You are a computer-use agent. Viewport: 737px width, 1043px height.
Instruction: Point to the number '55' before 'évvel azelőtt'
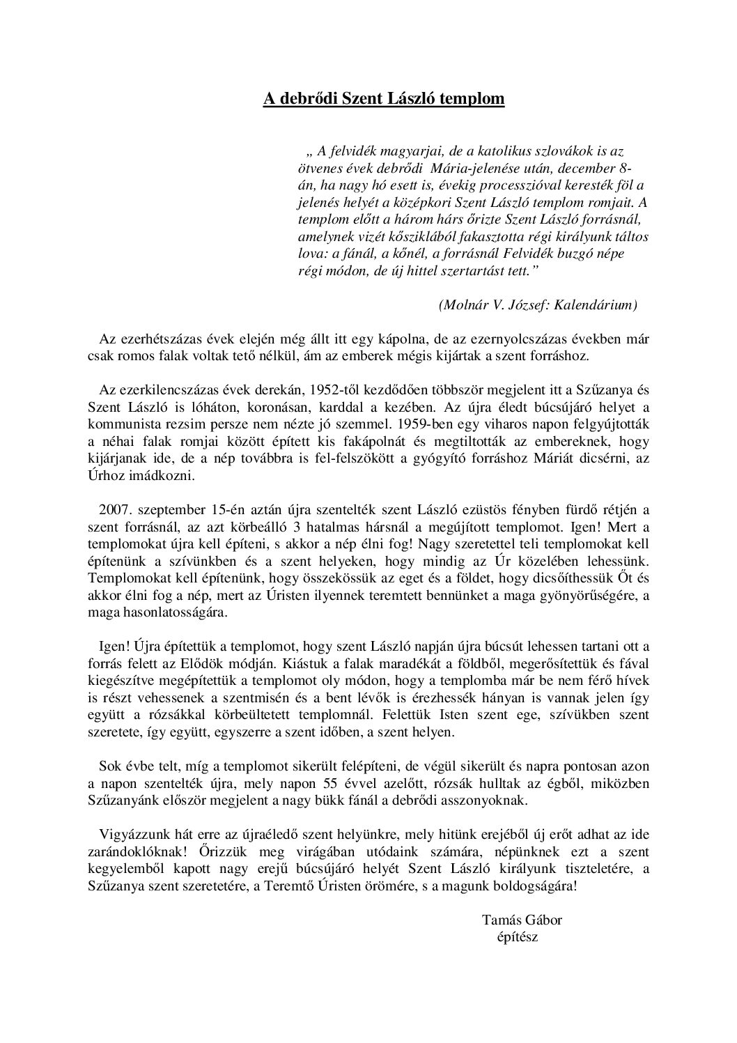[358, 783]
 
